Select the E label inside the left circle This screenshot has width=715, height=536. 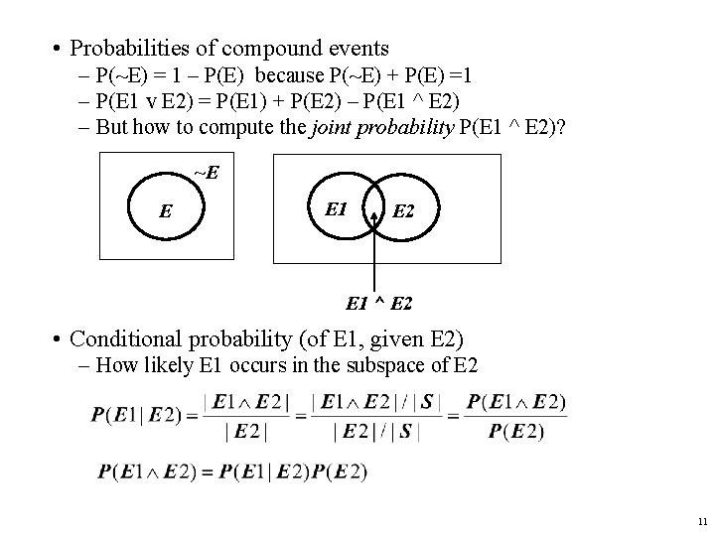(x=165, y=210)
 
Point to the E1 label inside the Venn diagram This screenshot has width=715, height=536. (x=336, y=208)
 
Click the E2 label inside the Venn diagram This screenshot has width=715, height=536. (x=404, y=210)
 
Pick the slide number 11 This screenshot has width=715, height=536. (x=701, y=520)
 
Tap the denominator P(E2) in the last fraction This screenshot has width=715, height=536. (x=516, y=431)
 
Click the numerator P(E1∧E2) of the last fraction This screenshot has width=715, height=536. (x=516, y=402)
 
